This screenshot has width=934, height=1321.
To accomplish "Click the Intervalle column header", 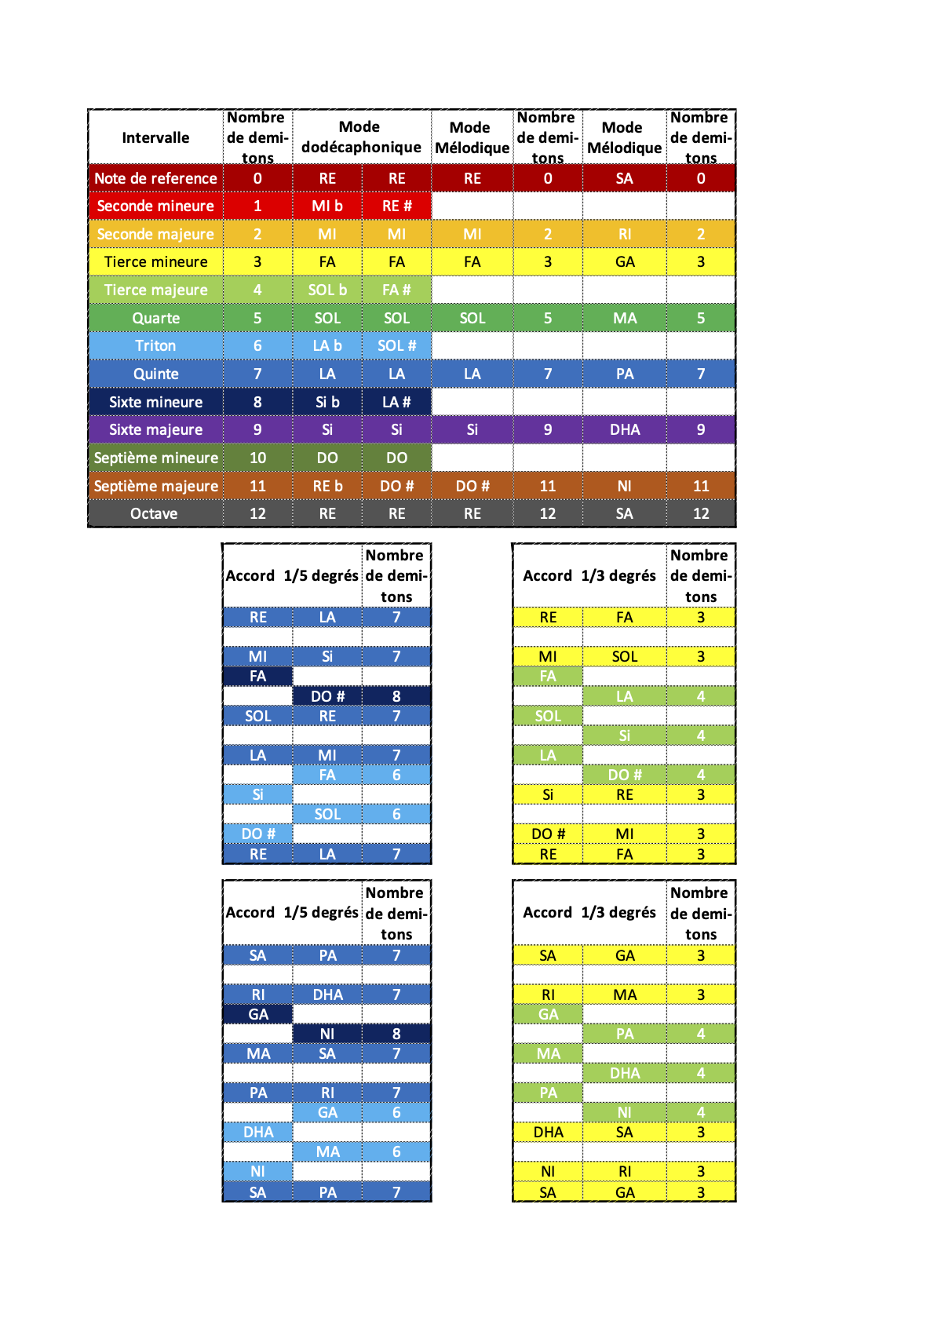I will tap(155, 137).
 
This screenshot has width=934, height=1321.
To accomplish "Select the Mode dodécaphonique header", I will tap(361, 137).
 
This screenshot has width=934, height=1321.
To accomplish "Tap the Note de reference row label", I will tap(155, 178).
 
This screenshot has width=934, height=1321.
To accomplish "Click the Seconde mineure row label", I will tap(155, 206).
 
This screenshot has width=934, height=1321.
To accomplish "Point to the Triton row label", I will tap(155, 345).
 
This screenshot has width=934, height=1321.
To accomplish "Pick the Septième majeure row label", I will tap(155, 486).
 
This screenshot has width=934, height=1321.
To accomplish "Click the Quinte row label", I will tap(155, 374).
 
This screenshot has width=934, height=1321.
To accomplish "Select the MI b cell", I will tap(327, 206).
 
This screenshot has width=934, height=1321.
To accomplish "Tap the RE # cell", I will tap(396, 206).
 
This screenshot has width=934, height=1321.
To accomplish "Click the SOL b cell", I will tap(327, 290).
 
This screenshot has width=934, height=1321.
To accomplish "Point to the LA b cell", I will tap(327, 345).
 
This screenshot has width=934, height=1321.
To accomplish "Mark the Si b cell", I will tap(327, 402).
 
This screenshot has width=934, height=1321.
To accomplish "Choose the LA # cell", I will tap(396, 402).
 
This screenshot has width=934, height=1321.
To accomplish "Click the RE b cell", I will tap(327, 486).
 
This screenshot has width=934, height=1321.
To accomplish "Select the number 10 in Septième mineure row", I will tap(257, 458).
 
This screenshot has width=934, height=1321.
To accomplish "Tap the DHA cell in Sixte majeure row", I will tap(625, 429).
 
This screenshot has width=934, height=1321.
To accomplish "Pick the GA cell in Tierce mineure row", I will tap(625, 261).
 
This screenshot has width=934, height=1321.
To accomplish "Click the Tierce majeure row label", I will tap(155, 290).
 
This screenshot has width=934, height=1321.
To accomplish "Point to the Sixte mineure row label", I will tap(155, 402).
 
